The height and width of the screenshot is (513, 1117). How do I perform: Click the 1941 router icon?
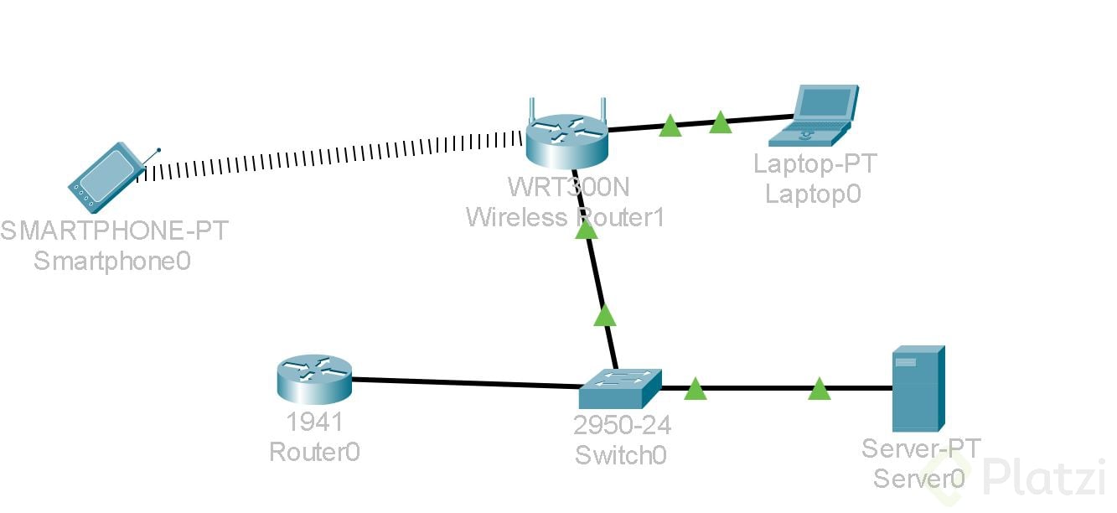[314, 379]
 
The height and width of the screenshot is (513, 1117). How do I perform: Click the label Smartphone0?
[112, 261]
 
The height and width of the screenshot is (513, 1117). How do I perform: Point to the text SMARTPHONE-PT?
[114, 231]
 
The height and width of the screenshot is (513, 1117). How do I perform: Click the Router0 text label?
[314, 452]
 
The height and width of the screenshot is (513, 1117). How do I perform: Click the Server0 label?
[919, 478]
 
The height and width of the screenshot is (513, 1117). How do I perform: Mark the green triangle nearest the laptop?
[721, 123]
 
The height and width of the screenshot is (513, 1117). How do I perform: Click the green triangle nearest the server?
[820, 389]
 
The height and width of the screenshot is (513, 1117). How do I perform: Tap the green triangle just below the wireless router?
[587, 228]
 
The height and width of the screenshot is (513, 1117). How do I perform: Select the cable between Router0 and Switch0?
[465, 383]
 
